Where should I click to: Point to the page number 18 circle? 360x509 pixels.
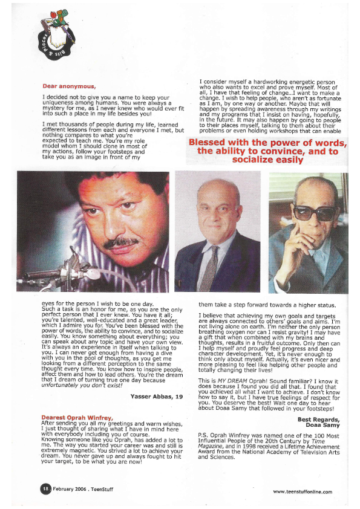click(45, 489)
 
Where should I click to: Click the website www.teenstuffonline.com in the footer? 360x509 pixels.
click(302, 491)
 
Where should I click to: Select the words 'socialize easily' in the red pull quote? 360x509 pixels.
click(267, 160)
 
